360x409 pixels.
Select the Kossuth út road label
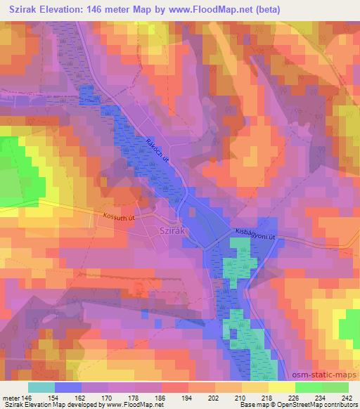point(119,218)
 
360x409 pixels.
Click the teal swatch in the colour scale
point(41,387)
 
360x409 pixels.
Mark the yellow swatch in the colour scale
point(281,387)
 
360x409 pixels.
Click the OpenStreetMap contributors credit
point(320,404)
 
